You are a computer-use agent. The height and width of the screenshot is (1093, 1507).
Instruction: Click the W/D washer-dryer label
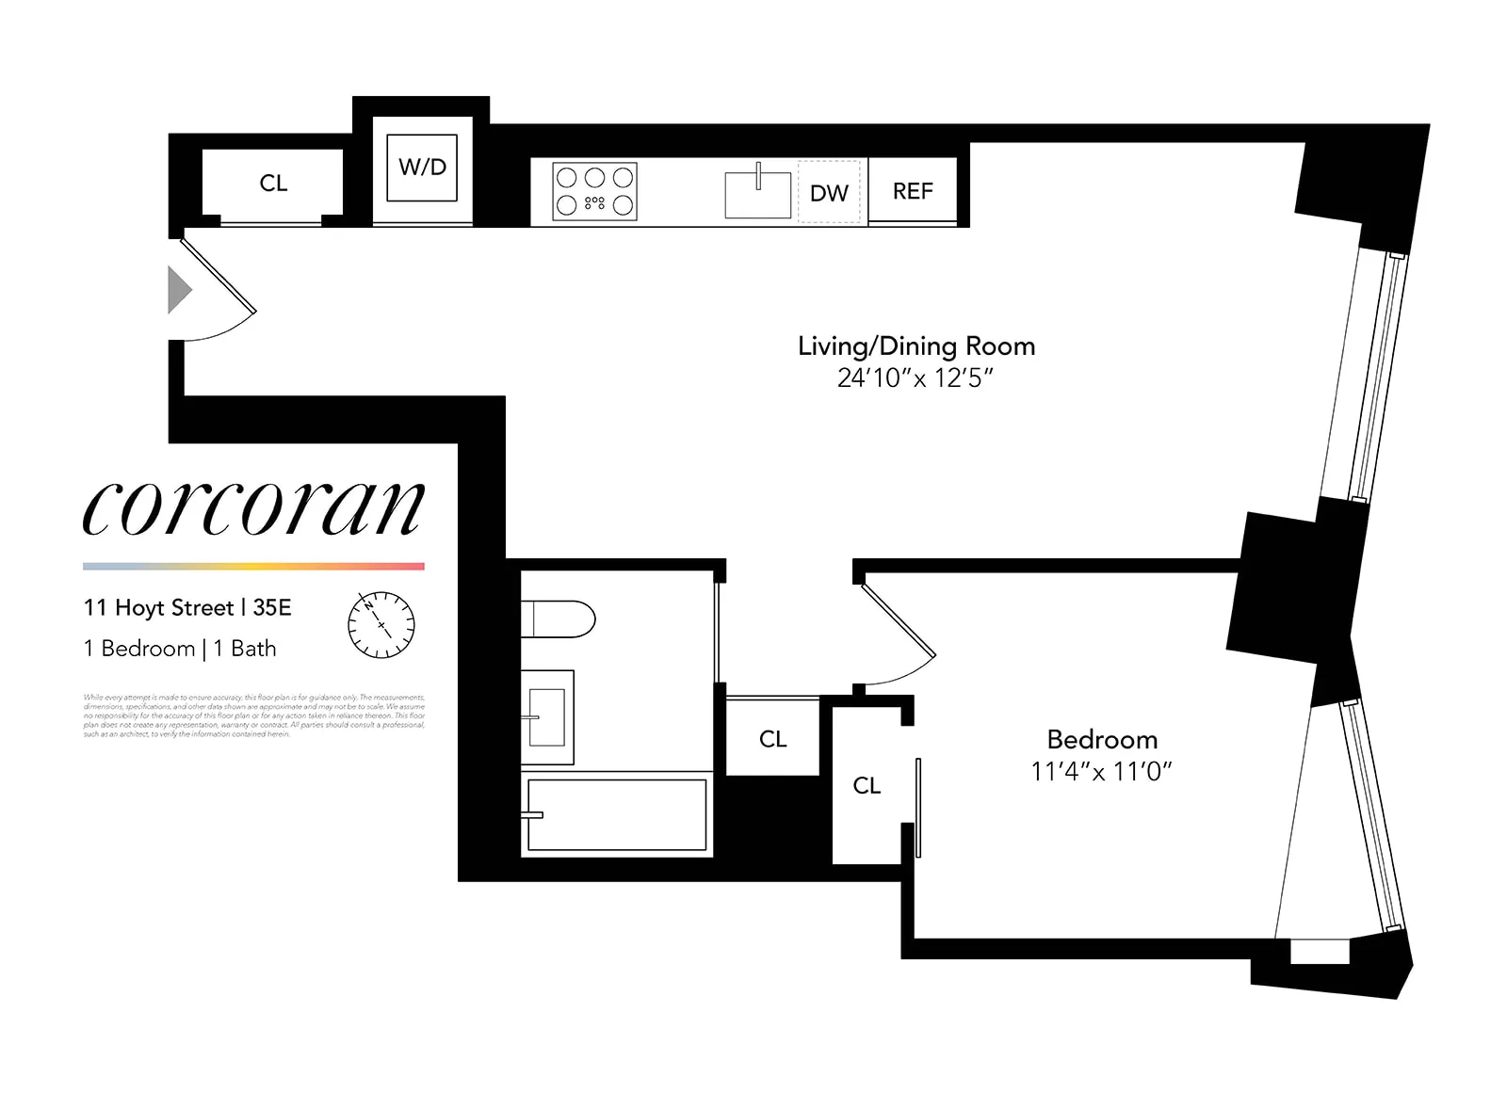pyautogui.click(x=422, y=168)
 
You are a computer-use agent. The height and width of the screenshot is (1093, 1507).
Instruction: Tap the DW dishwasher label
pyautogui.click(x=829, y=193)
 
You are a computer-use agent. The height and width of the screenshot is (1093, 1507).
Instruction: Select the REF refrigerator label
pyautogui.click(x=913, y=191)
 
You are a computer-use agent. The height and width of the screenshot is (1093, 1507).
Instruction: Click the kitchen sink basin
pyautogui.click(x=757, y=194)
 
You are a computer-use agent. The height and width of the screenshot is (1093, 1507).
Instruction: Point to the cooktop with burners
pyautogui.click(x=594, y=191)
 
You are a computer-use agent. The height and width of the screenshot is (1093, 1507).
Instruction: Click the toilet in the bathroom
pyautogui.click(x=559, y=619)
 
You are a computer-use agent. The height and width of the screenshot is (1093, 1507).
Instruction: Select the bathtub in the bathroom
pyautogui.click(x=617, y=814)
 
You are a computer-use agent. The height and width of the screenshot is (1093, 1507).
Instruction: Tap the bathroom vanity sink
pyautogui.click(x=547, y=716)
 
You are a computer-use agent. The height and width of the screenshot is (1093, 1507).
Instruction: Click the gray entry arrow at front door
pyautogui.click(x=179, y=289)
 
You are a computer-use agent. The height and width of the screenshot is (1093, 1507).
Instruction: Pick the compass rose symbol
pyautogui.click(x=381, y=625)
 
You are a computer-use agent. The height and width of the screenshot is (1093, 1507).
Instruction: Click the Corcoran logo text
pyautogui.click(x=253, y=507)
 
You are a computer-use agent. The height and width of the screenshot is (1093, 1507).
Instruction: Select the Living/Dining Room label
pyautogui.click(x=916, y=346)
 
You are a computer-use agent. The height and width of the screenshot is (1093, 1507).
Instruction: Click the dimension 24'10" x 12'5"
pyautogui.click(x=916, y=378)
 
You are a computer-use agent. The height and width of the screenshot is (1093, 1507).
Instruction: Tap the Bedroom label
pyautogui.click(x=1102, y=740)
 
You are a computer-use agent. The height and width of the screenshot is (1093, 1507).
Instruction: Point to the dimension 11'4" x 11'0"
pyautogui.click(x=1101, y=772)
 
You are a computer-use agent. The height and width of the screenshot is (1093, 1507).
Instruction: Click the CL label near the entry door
pyautogui.click(x=273, y=184)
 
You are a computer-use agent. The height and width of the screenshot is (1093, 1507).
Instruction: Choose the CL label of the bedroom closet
pyautogui.click(x=867, y=785)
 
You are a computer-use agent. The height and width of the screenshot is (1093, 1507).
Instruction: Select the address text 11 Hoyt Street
pyautogui.click(x=158, y=608)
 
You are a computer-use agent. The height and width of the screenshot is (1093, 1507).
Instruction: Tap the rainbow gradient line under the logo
pyautogui.click(x=253, y=567)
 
